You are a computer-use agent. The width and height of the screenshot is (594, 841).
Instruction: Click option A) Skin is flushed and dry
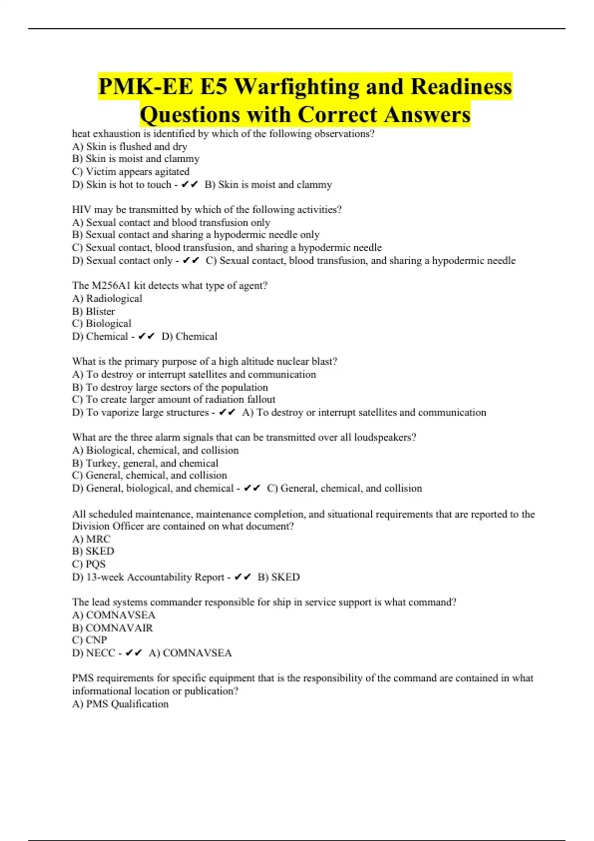(130, 146)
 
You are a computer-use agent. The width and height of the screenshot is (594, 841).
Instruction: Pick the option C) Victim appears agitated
(131, 172)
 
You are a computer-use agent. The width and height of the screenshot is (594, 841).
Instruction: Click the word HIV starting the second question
(82, 210)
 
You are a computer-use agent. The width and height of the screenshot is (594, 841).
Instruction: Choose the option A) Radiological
(107, 298)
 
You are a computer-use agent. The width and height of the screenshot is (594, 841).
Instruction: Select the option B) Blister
(94, 311)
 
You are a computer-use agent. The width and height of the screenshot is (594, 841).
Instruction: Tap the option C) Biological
(101, 324)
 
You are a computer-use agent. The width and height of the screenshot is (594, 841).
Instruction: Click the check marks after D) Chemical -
(147, 336)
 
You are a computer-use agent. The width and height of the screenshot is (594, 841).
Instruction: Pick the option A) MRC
(92, 539)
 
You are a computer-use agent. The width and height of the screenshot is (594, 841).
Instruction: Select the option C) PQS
(89, 564)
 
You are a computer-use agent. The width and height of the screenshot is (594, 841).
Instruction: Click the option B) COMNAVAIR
(112, 628)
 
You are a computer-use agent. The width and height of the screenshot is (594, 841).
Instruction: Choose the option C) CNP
(90, 640)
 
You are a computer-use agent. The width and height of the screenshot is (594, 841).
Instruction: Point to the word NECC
(100, 653)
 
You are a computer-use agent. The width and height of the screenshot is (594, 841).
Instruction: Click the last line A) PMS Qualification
(120, 704)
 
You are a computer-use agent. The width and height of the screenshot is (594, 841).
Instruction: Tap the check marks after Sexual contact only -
(191, 261)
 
